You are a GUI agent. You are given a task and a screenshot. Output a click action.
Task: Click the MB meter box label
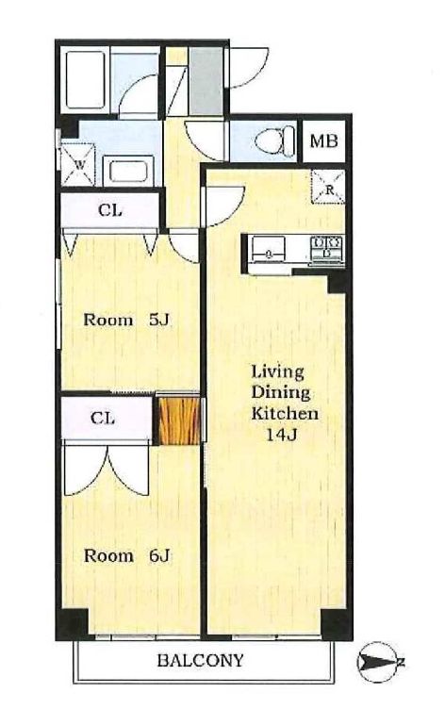pos(323,140)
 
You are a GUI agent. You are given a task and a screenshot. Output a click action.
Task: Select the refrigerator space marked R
pos(329,187)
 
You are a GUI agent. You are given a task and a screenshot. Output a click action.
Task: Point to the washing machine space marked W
pos(78,165)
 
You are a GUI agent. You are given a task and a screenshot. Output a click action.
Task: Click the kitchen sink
pos(269,250)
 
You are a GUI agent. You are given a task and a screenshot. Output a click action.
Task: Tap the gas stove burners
pos(326,248)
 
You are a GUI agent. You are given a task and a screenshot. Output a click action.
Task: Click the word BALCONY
pos(200,661)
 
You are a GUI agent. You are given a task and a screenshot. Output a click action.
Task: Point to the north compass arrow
pos(379,663)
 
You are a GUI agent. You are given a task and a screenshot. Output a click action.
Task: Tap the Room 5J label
pos(126,321)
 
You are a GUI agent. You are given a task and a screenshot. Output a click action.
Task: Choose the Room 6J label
pos(126,555)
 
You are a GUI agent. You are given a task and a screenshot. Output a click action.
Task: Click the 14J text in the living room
pos(281,435)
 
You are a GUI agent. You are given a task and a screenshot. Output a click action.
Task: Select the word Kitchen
pos(285,413)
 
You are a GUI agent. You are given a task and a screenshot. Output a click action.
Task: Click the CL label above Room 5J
pos(110,210)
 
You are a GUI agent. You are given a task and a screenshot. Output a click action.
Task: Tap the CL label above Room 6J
pos(103,418)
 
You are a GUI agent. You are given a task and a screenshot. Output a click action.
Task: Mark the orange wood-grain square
pos(179,420)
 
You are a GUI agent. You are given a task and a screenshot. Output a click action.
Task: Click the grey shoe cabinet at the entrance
pos(206,81)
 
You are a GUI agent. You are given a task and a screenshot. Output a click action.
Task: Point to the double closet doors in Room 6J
pos(107,470)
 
